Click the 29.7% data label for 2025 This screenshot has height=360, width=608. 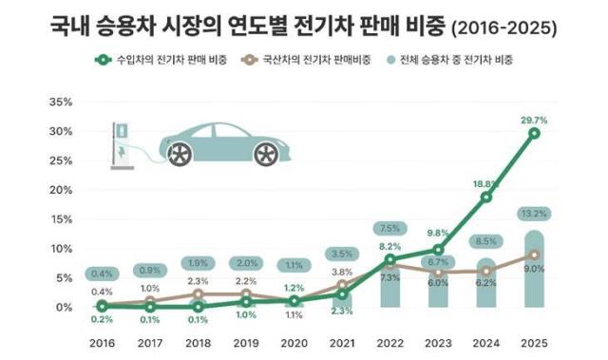pos(535,116)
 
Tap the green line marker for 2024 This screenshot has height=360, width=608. pos(486,198)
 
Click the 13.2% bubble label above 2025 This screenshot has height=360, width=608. pos(535,213)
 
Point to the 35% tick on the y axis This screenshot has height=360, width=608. pos(60,102)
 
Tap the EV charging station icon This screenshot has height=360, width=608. pos(120,142)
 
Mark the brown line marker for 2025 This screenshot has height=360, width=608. pos(535,255)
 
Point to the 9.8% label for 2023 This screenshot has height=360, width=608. pos(438,233)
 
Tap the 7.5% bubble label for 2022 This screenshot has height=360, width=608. pos(389,228)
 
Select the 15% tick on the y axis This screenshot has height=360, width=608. pos(60,219)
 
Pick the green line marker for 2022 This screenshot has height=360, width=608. pos(389,258)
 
